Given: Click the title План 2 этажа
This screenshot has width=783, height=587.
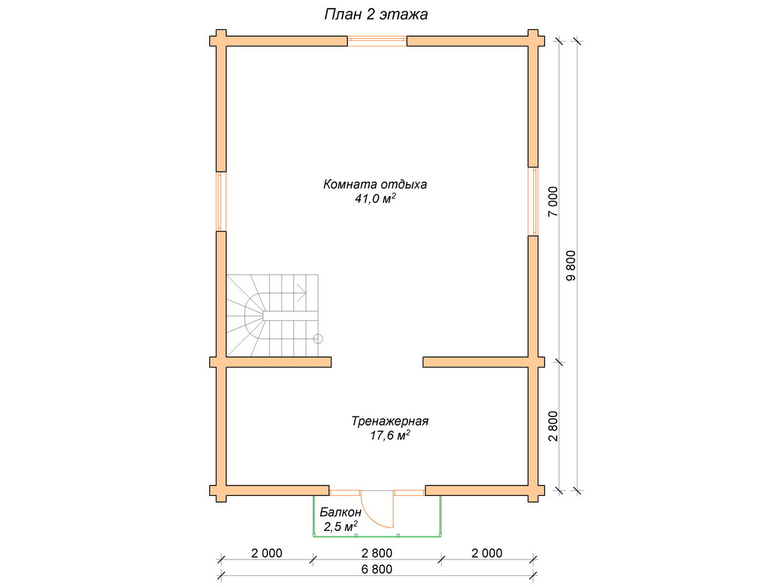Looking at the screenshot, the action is pos(376,15).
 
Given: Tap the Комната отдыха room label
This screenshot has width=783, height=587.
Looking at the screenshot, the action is pos(375,185).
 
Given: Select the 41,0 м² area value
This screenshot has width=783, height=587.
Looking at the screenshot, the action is pos(375,199).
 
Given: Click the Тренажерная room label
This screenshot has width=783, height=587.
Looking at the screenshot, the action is pos(390,421).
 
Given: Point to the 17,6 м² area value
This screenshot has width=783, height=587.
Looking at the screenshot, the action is pos(390,435).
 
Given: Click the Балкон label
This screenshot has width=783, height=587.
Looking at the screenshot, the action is pos(340,512).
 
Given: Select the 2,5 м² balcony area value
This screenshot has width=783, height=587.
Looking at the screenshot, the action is pos(341,526).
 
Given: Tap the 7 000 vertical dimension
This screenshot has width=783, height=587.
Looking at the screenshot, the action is pos(552,201).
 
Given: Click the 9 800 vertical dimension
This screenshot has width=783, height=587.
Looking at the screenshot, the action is pos(571,265).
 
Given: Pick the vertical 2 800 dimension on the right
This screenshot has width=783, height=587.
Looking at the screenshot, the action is pos(552,426).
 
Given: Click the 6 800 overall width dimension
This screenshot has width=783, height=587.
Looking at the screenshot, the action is pos(377,569).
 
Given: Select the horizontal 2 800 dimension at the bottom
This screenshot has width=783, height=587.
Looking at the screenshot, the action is pos(377,553).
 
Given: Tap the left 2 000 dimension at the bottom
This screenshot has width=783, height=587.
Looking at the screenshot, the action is pos(267,553).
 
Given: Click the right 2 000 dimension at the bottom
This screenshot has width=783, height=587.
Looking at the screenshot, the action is pos(486,553).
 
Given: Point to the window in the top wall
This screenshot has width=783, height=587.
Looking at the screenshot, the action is pos(377,41).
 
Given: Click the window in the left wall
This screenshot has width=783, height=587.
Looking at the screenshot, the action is pos(221,201).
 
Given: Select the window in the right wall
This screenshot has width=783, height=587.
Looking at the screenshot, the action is pos(533,201).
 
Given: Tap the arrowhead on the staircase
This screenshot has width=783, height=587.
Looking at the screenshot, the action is pos(302,293).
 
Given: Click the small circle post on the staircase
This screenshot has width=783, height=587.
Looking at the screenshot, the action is pos(318,339).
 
